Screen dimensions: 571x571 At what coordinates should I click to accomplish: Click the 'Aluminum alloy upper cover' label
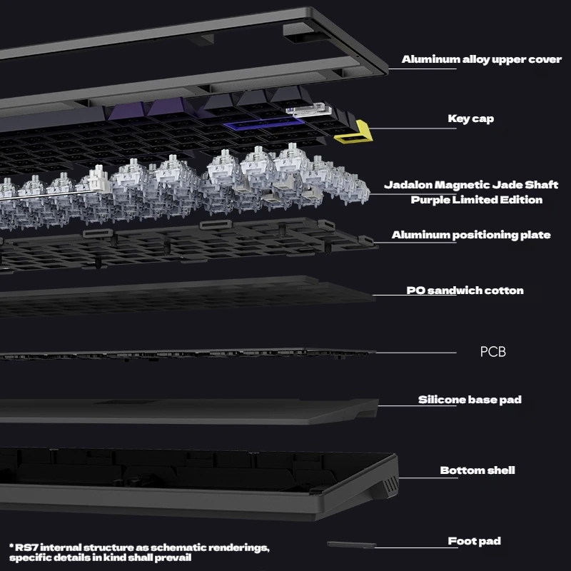click(481, 59)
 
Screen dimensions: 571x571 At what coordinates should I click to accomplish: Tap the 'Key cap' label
click(471, 118)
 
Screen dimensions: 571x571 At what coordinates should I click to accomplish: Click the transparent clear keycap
click(308, 110)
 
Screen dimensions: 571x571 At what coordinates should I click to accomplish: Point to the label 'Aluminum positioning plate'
click(471, 235)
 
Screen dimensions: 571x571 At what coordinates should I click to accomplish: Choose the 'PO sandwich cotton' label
click(465, 290)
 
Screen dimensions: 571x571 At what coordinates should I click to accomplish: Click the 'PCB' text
click(492, 352)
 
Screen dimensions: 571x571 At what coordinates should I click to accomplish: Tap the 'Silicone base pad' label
click(470, 400)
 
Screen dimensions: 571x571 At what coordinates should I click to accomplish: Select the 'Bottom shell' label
click(477, 470)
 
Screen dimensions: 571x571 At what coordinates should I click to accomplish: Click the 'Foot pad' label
click(474, 541)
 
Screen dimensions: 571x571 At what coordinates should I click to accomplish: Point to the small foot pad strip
click(351, 545)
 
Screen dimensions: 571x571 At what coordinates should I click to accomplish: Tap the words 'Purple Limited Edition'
click(477, 200)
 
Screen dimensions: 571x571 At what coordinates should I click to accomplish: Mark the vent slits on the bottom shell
click(390, 485)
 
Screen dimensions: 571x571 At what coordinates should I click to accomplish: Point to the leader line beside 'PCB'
click(415, 353)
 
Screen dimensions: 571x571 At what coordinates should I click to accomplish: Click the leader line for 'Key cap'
click(413, 128)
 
